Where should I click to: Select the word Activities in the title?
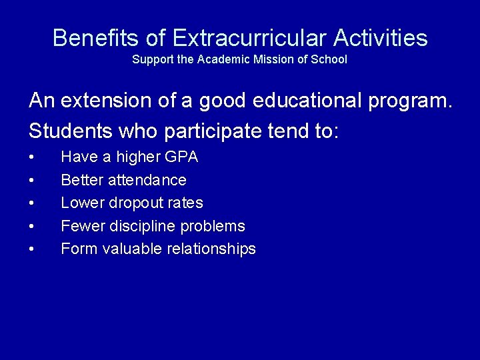[381, 38]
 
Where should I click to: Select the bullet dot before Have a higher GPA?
[31, 158]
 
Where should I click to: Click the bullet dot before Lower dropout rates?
[31, 203]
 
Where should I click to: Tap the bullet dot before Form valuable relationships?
[31, 249]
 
